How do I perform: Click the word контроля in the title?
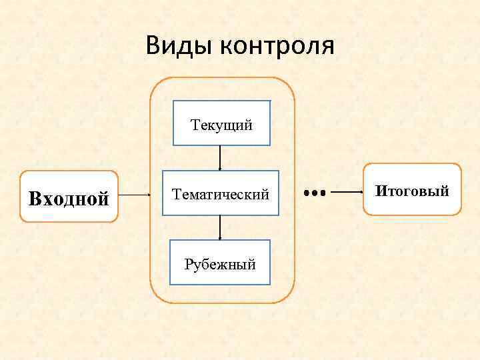click(x=276, y=46)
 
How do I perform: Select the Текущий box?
click(x=221, y=123)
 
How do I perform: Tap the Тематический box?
click(x=221, y=193)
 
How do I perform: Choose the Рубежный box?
click(x=221, y=262)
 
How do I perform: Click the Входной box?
click(x=69, y=196)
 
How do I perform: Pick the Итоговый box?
click(x=412, y=189)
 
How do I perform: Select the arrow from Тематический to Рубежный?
click(x=221, y=227)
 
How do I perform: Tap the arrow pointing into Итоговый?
click(x=347, y=193)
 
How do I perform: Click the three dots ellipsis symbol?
click(x=313, y=193)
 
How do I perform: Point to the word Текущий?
click(x=221, y=124)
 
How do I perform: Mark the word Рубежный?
click(x=221, y=265)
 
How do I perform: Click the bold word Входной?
click(x=69, y=198)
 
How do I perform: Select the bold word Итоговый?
click(x=412, y=191)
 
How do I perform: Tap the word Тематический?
click(x=221, y=195)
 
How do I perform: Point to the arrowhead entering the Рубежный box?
click(x=221, y=237)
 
